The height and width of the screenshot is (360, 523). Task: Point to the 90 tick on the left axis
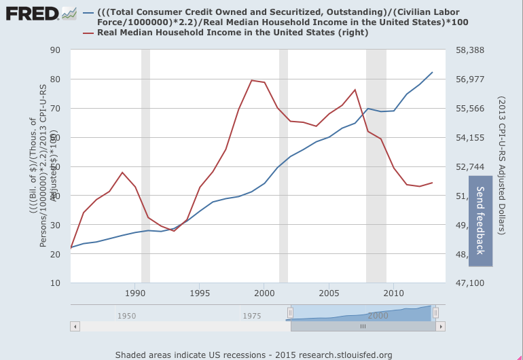(x=56, y=50)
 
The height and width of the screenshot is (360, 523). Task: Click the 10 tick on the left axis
(x=56, y=283)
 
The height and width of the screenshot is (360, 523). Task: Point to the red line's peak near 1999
(x=251, y=80)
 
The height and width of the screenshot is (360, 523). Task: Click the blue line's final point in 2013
(x=432, y=72)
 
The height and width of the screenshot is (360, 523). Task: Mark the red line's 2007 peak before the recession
(x=355, y=90)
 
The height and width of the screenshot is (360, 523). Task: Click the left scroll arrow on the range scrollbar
(x=75, y=326)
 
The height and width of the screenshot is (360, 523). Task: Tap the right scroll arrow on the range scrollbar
(x=441, y=326)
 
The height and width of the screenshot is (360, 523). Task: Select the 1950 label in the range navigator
(x=126, y=316)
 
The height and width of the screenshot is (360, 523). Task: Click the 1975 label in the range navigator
(x=251, y=316)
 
